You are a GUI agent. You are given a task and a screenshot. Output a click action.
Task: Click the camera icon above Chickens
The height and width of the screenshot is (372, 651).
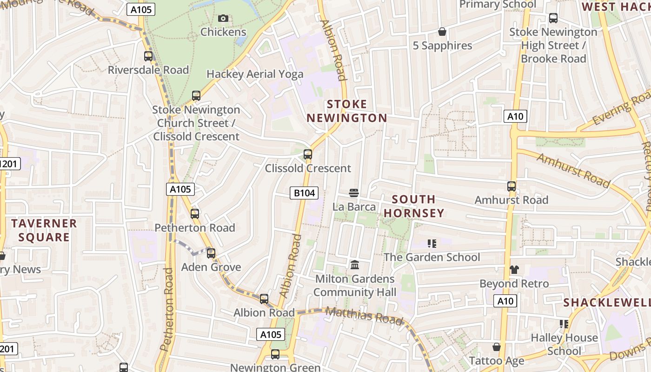tap(223, 19)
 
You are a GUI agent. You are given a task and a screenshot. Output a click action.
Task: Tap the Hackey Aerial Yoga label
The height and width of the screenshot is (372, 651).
tap(255, 74)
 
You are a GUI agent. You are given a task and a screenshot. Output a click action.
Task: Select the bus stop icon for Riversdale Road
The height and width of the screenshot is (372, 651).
tap(148, 56)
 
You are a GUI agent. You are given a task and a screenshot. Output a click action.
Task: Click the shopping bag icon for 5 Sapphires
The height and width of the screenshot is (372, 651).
tap(442, 32)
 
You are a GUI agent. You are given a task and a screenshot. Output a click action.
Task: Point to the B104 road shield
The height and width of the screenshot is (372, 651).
tap(304, 193)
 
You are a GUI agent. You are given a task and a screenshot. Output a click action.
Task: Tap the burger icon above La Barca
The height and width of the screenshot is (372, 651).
tap(354, 193)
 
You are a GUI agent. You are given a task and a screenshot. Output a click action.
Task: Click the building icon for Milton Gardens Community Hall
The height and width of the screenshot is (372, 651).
tap(355, 265)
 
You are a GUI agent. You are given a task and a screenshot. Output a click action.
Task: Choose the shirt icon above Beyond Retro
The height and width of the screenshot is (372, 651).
tap(514, 269)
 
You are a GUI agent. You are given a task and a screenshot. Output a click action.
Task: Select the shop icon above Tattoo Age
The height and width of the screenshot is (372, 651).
tap(497, 347)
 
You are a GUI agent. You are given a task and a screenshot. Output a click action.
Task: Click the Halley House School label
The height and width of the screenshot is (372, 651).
tap(565, 344)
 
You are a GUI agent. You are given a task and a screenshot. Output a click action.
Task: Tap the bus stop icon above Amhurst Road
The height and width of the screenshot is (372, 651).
tap(511, 186)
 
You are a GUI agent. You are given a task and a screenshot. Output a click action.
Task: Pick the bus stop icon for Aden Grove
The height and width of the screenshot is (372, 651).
tap(211, 253)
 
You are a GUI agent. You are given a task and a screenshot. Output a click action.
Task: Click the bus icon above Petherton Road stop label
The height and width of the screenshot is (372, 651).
tap(195, 214)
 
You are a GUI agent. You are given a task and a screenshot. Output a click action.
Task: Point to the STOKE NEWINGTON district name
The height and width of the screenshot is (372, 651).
tap(347, 111)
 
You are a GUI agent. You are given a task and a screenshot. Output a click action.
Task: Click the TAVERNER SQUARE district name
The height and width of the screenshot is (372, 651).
tap(44, 230)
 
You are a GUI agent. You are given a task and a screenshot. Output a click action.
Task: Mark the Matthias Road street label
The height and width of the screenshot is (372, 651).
tap(364, 316)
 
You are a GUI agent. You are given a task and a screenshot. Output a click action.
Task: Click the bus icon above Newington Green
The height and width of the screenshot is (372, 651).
tap(275, 354)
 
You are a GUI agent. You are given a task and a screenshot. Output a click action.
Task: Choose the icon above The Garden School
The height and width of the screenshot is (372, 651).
tap(432, 243)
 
